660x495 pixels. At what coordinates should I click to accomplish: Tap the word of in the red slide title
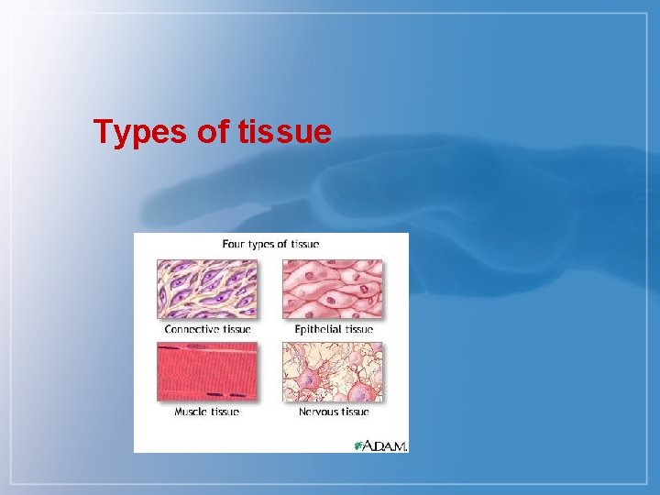(214, 133)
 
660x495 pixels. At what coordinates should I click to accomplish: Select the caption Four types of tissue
(270, 244)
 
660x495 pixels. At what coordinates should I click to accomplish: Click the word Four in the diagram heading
(236, 244)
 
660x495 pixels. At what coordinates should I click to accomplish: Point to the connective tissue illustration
(207, 289)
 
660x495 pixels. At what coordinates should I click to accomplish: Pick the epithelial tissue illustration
(333, 289)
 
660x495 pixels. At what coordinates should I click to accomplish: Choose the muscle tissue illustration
(207, 371)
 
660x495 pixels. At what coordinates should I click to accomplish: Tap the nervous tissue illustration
(333, 371)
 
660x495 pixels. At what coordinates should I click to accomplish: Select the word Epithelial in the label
(318, 329)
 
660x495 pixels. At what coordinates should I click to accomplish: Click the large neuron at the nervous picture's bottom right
(364, 389)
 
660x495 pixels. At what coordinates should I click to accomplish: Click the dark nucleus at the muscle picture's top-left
(168, 348)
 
